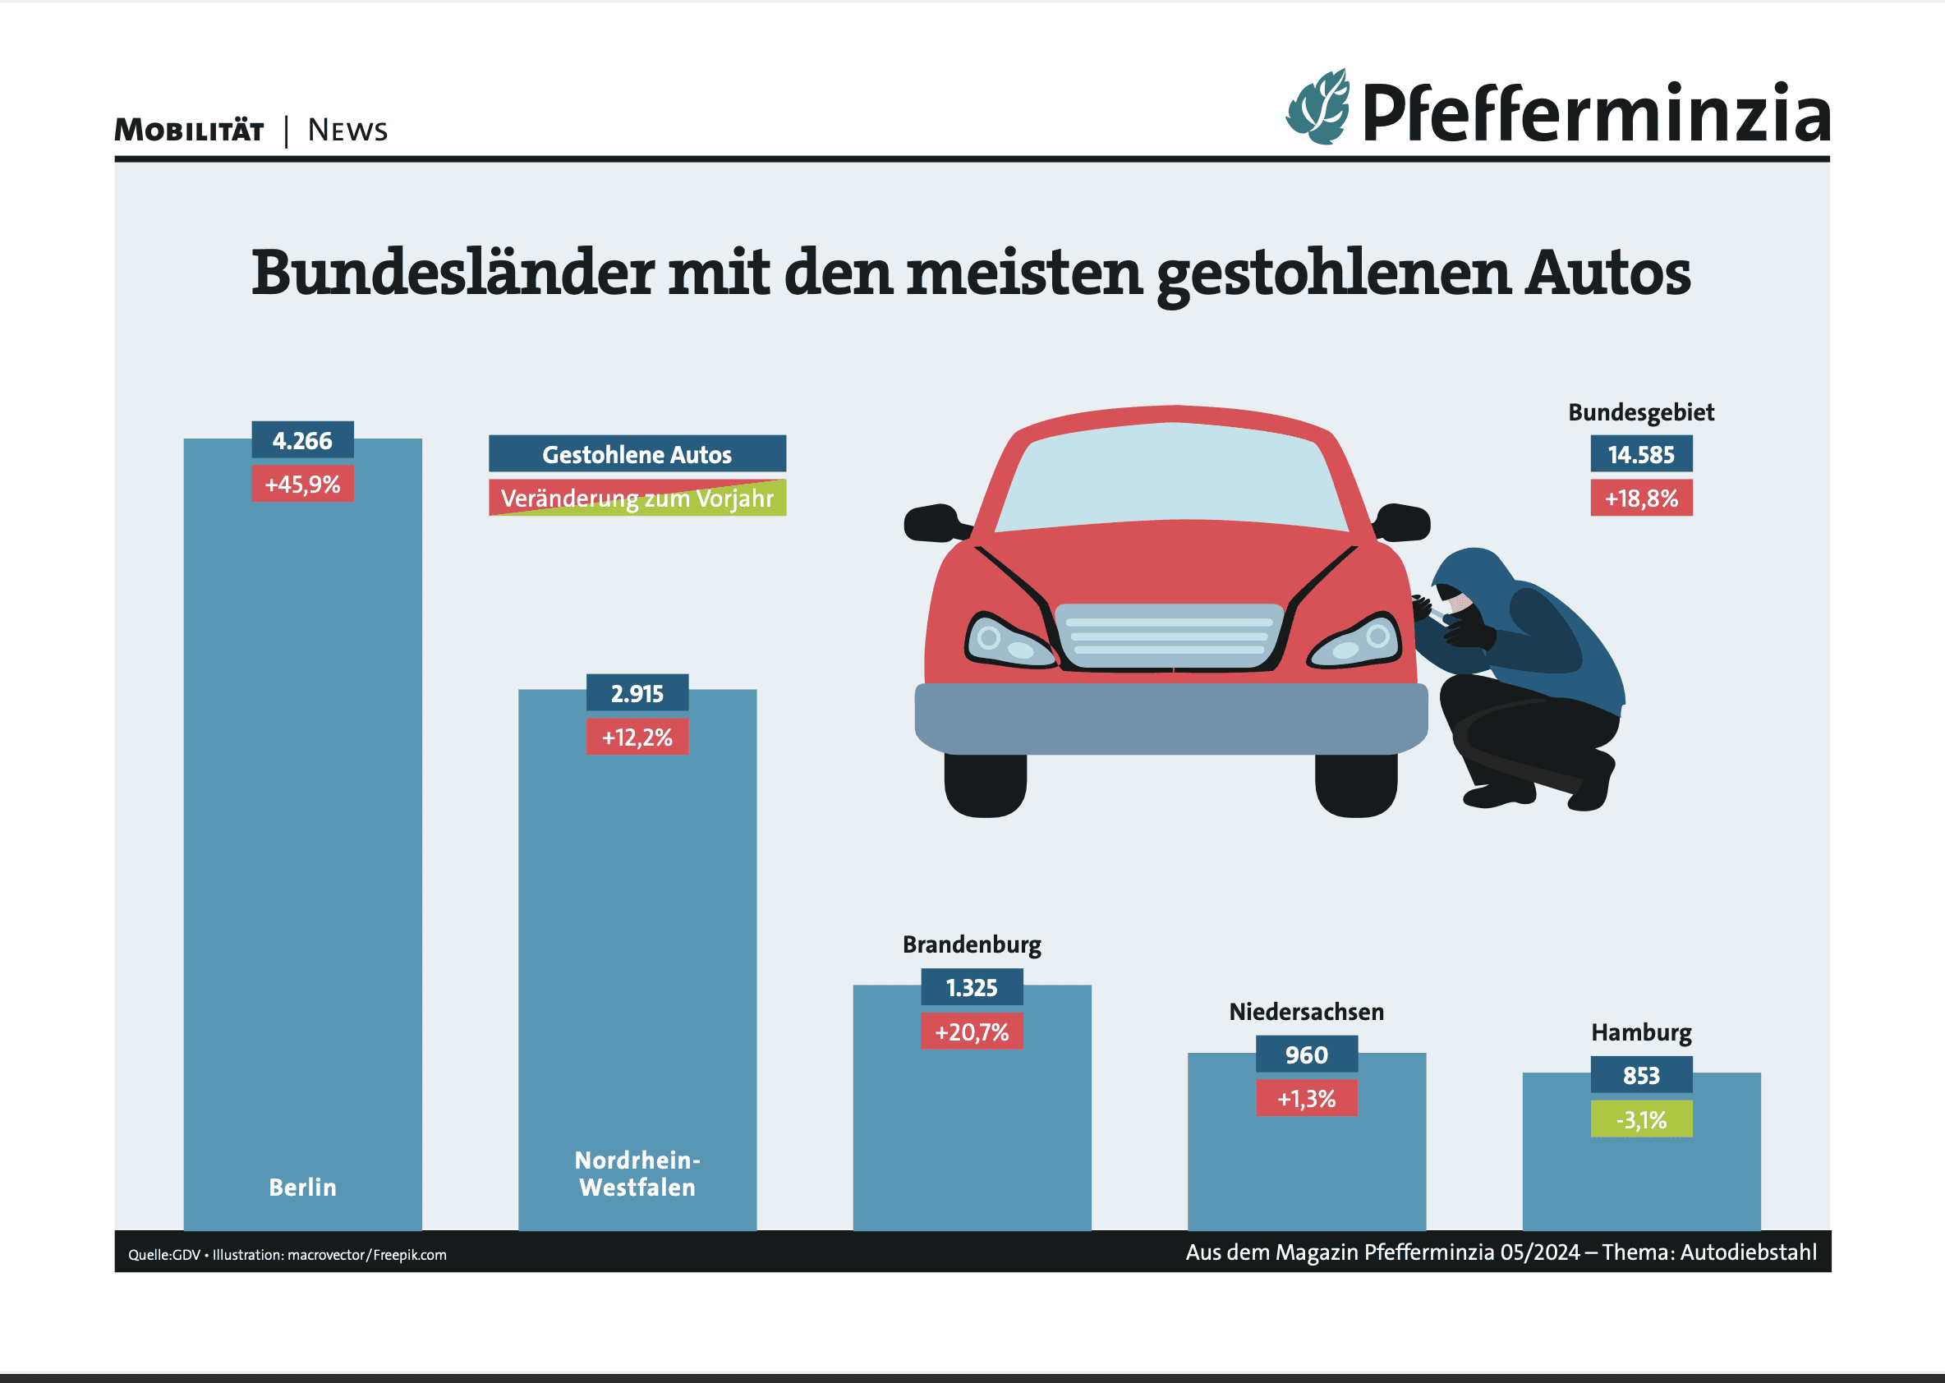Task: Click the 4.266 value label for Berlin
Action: (302, 440)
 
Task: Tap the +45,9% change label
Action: (302, 484)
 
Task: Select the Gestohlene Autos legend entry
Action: (637, 454)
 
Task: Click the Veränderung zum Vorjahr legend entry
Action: (637, 498)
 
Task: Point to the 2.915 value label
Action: (637, 693)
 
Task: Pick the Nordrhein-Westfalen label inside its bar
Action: (637, 1174)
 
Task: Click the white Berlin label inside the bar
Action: (302, 1188)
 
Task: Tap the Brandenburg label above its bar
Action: (972, 944)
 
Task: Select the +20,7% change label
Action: (972, 1032)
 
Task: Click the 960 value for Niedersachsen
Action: (1306, 1054)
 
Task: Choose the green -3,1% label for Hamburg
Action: (1641, 1119)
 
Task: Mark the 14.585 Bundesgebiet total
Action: (1641, 454)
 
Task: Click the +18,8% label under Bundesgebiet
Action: (1641, 499)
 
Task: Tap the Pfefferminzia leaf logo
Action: (1318, 108)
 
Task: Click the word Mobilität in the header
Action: (189, 131)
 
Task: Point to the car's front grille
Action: (1168, 636)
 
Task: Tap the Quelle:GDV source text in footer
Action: (164, 1254)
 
